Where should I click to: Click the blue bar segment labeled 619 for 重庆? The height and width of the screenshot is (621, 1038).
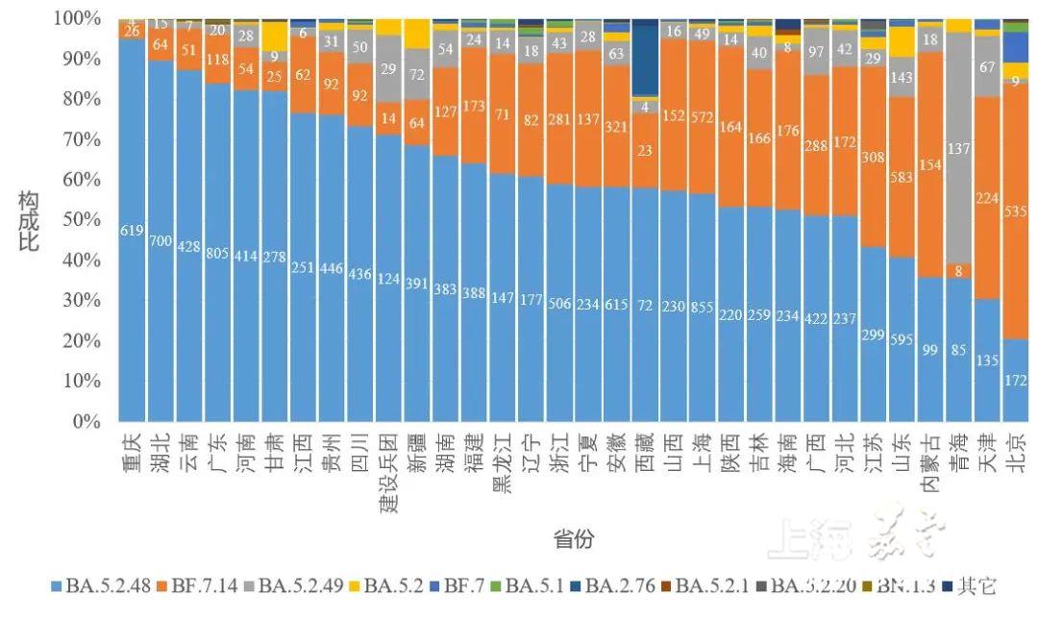132,231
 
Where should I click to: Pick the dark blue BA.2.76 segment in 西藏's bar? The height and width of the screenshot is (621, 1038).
646,58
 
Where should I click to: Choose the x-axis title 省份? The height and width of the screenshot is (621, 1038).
573,539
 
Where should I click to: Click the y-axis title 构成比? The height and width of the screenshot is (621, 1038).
30,220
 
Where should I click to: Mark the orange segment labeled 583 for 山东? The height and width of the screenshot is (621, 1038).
902,176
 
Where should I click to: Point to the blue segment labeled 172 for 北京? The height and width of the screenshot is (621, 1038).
1015,381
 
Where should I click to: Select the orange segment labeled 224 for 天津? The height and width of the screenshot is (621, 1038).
987,197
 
